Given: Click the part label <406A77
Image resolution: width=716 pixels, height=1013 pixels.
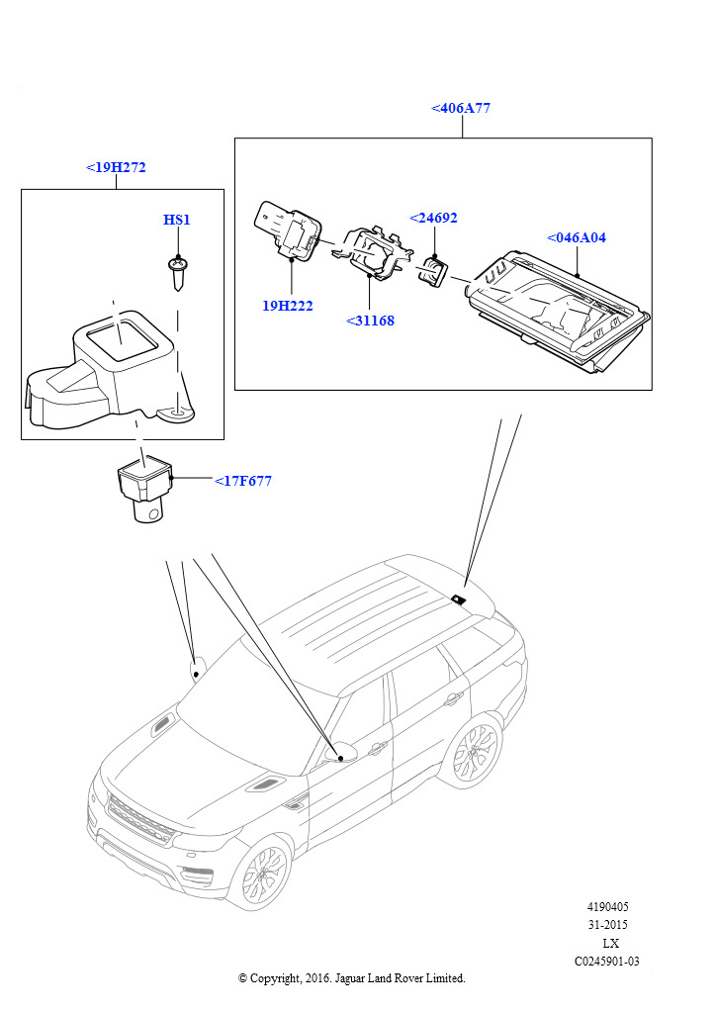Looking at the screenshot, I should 461,108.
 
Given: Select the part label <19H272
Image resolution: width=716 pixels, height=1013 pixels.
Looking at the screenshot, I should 116,167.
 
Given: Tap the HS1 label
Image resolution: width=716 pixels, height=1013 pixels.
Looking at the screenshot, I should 177,219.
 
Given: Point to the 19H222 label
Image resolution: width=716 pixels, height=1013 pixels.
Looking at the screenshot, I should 287,306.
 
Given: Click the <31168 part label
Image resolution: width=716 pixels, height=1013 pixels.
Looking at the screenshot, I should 370,321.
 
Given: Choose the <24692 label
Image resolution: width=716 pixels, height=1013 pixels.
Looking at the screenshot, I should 434,218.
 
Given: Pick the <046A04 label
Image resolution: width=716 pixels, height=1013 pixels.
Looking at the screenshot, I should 577,237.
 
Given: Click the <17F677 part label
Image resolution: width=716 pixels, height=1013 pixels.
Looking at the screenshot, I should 243,482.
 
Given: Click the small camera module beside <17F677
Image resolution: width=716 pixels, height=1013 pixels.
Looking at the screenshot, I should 144,490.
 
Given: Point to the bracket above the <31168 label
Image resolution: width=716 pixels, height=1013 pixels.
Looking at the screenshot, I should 368,254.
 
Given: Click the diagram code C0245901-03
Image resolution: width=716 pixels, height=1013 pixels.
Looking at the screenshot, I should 607,961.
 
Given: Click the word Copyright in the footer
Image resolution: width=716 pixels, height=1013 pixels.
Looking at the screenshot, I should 279,978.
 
